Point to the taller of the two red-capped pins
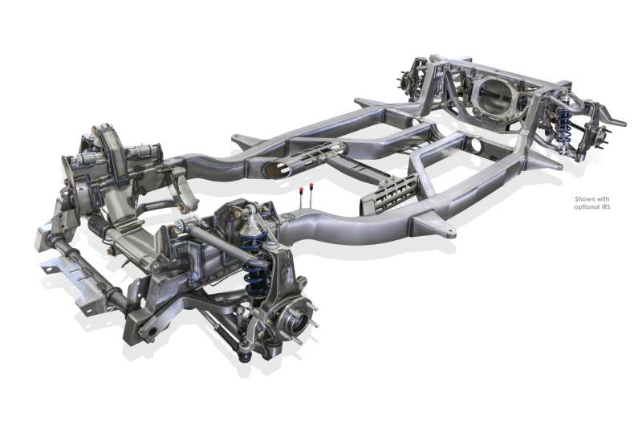point(311,195)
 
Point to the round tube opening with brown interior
point(275,169)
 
